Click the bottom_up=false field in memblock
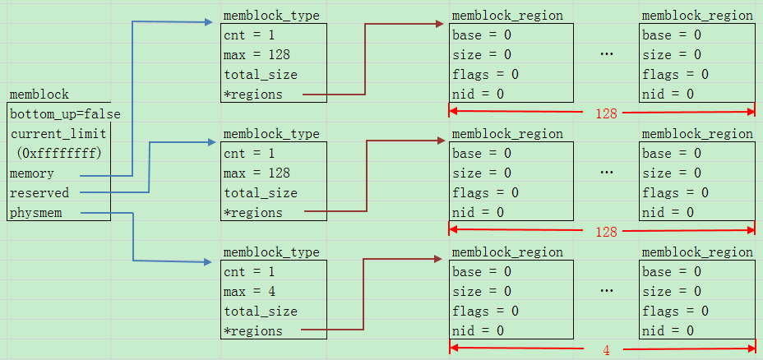pos(65,115)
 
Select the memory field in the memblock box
pos(32,173)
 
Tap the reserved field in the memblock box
pos(39,193)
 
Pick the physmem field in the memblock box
pos(36,213)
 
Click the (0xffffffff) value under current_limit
pos(59,154)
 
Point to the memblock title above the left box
pos(39,95)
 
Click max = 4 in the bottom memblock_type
pos(250,292)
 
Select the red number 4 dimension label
pos(606,350)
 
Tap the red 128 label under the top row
pos(606,114)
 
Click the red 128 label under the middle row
pos(606,232)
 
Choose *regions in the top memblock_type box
pos(253,95)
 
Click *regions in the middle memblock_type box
pos(253,213)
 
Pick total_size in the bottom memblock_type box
pos(261,312)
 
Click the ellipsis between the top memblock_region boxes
pos(606,54)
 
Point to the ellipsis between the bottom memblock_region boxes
pos(606,291)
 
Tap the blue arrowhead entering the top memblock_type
pos(209,22)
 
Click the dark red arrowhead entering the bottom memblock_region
pos(439,259)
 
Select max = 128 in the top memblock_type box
pos(257,55)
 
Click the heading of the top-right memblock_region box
pos(697,16)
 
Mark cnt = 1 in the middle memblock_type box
pos(249,154)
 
